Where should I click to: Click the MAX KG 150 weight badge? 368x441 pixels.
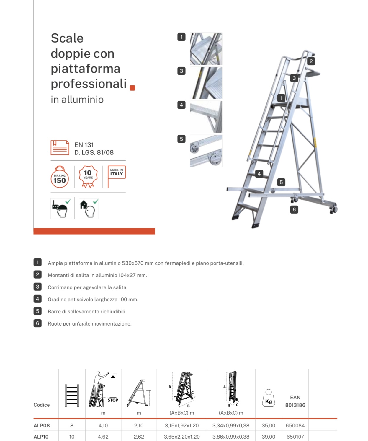(60, 177)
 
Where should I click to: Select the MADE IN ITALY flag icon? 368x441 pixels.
(116, 175)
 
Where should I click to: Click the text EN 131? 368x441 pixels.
(84, 145)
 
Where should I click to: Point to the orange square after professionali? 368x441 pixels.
(133, 88)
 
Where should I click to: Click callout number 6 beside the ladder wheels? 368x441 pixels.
(294, 210)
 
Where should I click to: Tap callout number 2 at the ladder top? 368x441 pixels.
(311, 61)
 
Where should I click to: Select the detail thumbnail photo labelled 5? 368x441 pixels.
(206, 151)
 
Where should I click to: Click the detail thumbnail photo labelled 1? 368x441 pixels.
(206, 49)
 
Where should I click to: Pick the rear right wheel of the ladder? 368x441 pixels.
(333, 209)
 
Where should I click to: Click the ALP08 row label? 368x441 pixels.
(42, 425)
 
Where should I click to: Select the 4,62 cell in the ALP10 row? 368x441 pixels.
(103, 437)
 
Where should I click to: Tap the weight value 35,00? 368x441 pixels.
(268, 425)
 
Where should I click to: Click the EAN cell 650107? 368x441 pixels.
(295, 437)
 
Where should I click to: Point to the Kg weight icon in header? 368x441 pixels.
(268, 398)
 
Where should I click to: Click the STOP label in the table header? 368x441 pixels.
(113, 400)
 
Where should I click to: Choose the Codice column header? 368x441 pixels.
(42, 405)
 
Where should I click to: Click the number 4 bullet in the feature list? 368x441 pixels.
(37, 299)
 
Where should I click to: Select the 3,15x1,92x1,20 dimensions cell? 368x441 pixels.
(181, 425)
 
